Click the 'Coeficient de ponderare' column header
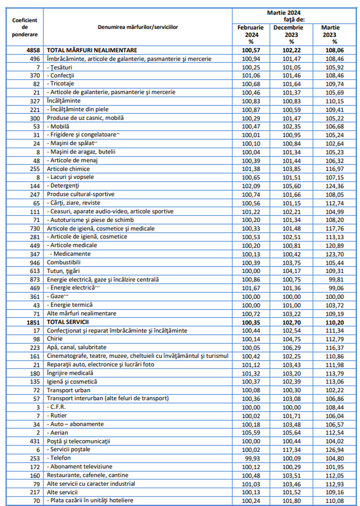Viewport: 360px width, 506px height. [x=25, y=27]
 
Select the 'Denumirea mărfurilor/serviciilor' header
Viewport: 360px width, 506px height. [x=138, y=27]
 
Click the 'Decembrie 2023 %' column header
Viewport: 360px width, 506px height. [x=288, y=34]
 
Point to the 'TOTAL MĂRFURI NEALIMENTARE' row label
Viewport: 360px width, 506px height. [x=92, y=50]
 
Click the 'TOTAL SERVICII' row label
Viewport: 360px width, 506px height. [x=68, y=322]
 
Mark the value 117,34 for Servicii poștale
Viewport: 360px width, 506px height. [x=288, y=449]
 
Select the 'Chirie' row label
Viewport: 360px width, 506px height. [x=55, y=339]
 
